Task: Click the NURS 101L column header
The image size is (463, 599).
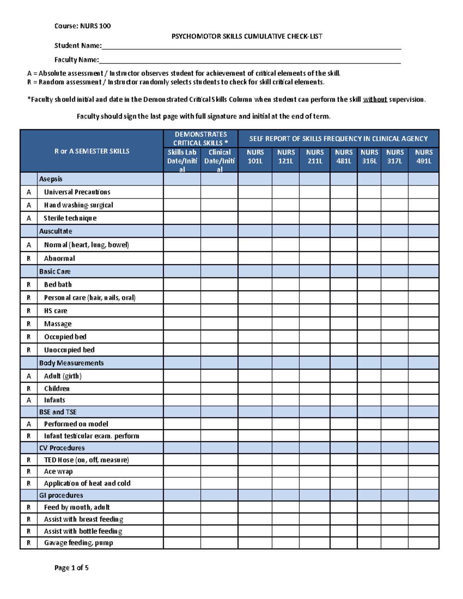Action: click(255, 157)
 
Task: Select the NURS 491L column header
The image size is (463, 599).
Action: click(424, 157)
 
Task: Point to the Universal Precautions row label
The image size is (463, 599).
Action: click(77, 192)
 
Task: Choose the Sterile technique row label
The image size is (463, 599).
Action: click(70, 218)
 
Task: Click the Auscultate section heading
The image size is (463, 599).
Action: click(56, 231)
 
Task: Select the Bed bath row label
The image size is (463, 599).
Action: click(58, 285)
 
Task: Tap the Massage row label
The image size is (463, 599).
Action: click(58, 324)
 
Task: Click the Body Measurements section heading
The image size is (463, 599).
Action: click(71, 363)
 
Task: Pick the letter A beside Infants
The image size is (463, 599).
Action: click(29, 400)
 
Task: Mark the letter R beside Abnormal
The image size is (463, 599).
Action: click(29, 258)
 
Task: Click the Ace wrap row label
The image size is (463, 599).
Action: click(58, 472)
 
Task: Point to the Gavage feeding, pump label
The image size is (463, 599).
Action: click(79, 543)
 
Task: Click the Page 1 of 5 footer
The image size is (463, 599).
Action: click(71, 568)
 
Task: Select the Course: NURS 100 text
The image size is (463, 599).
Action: click(83, 26)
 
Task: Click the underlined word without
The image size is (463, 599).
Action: click(375, 100)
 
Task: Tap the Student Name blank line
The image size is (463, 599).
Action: click(251, 46)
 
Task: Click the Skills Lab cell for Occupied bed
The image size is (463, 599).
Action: click(182, 337)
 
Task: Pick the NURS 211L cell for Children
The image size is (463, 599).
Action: click(314, 388)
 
